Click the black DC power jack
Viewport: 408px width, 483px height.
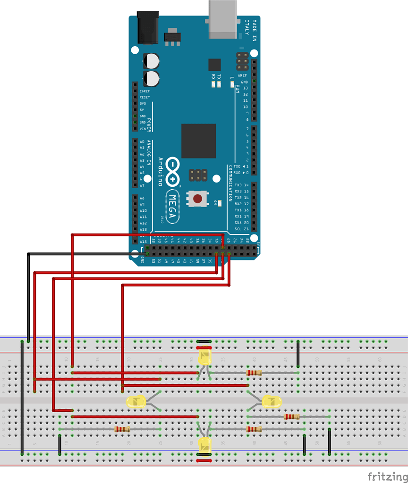(146, 28)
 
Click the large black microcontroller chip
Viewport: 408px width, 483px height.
(198, 141)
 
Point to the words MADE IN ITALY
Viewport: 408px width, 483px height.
(250, 31)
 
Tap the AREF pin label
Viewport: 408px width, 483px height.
(242, 75)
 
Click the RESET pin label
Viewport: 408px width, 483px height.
(144, 97)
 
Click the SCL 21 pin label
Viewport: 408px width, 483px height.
(241, 229)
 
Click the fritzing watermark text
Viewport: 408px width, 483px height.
(387, 476)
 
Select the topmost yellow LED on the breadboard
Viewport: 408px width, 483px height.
(205, 357)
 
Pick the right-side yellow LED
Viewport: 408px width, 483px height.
(272, 402)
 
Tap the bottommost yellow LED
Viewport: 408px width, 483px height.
(205, 444)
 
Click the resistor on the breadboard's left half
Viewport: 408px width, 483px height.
(123, 429)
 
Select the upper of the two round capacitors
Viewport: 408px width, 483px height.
(152, 60)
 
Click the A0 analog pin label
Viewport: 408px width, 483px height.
(142, 142)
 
